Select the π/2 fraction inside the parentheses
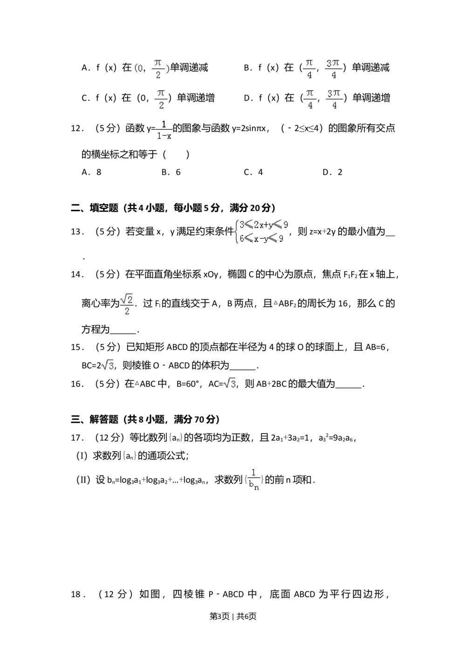coord(158,69)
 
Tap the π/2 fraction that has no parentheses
coord(160,99)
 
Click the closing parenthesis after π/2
coord(167,69)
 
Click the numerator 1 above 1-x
coord(164,124)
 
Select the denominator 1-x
coord(164,136)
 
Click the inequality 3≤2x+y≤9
coord(264,225)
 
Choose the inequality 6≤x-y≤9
coord(261,239)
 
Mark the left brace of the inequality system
coord(237,232)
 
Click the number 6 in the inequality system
coord(242,239)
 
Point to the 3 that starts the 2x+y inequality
coord(242,225)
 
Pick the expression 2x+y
coord(263,225)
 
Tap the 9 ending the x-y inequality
coord(281,239)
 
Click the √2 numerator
coord(127,298)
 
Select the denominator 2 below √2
coord(127,311)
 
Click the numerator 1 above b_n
coord(254,473)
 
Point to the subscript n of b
coord(257,488)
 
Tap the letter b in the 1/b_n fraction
coord(251,485)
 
